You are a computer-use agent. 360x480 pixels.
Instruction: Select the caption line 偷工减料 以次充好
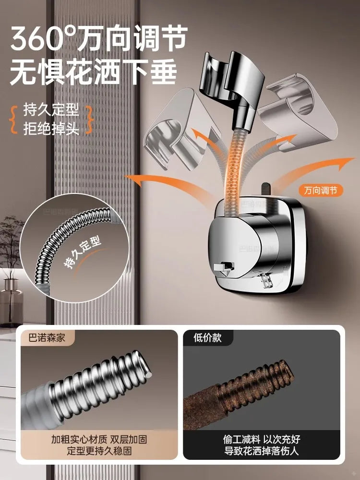click(262, 439)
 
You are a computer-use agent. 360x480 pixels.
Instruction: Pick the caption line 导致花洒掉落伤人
click(262, 451)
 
